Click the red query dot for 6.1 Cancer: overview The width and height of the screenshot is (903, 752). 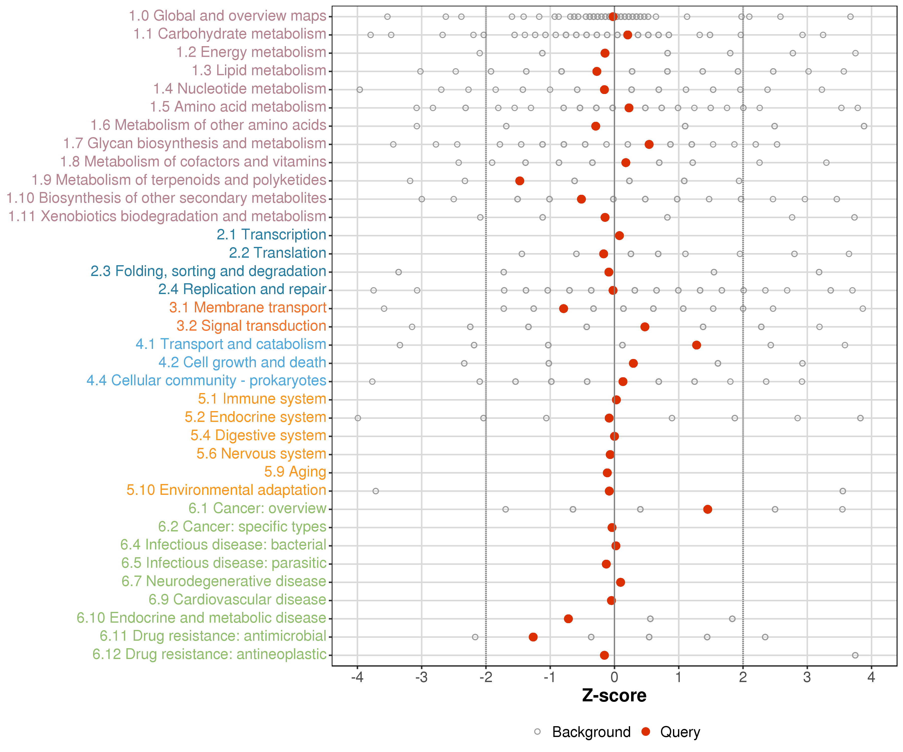click(x=707, y=509)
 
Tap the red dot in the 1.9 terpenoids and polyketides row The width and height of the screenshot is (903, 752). click(x=519, y=181)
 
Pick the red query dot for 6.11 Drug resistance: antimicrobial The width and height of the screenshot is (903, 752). click(x=533, y=637)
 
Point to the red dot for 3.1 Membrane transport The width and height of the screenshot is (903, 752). click(x=563, y=309)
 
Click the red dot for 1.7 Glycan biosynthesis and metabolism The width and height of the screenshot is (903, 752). click(x=649, y=144)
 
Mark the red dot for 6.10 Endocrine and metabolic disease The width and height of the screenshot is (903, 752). click(x=568, y=619)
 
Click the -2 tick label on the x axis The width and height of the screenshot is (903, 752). click(x=485, y=678)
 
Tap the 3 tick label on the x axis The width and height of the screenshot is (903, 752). click(x=807, y=678)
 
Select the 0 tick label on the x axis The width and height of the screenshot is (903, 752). click(x=614, y=678)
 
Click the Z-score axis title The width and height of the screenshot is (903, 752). click(x=614, y=696)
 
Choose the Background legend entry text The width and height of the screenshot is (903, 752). click(x=591, y=732)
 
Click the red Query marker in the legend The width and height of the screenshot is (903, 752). click(x=645, y=731)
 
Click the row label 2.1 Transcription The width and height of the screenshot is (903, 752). click(x=271, y=235)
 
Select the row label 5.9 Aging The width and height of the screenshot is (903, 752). click(x=295, y=472)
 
